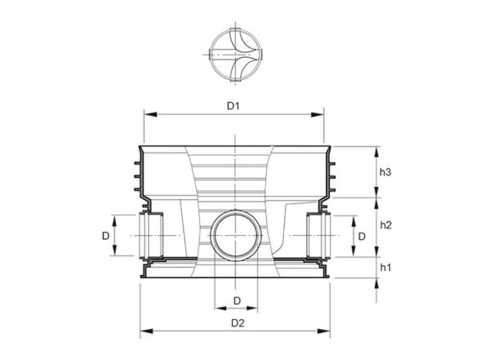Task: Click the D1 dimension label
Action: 233,106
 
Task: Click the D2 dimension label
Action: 238,322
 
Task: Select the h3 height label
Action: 385,171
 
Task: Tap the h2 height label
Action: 385,224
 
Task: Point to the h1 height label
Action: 385,267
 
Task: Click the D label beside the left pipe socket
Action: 105,236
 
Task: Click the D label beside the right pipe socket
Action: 362,236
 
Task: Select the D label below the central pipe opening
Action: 237,300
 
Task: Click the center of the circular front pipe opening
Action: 236,235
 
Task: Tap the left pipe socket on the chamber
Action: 151,235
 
